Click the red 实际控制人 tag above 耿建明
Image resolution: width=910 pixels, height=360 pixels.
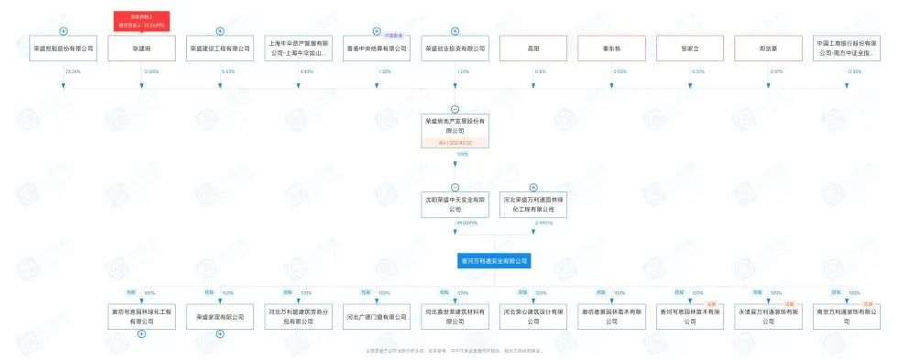pyautogui.click(x=141, y=20)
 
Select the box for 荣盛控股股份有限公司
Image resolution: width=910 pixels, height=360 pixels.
pyautogui.click(x=63, y=49)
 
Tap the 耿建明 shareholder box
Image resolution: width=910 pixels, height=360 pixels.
pyautogui.click(x=141, y=49)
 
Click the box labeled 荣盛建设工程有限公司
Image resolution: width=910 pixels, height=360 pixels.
pyautogui.click(x=220, y=49)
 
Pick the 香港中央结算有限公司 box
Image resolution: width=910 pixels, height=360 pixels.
pyautogui.click(x=377, y=49)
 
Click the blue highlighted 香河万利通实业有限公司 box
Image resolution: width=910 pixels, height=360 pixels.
pyautogui.click(x=494, y=261)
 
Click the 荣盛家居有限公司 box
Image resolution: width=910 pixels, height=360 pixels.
pyautogui.click(x=220, y=316)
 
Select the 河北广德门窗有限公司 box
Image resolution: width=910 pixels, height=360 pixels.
pyautogui.click(x=377, y=316)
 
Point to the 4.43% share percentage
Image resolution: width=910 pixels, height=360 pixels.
pyautogui.click(x=308, y=71)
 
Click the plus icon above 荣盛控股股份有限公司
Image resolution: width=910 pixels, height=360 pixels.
pyautogui.click(x=63, y=31)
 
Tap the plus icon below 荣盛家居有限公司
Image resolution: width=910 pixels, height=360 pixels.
pyautogui.click(x=220, y=333)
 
